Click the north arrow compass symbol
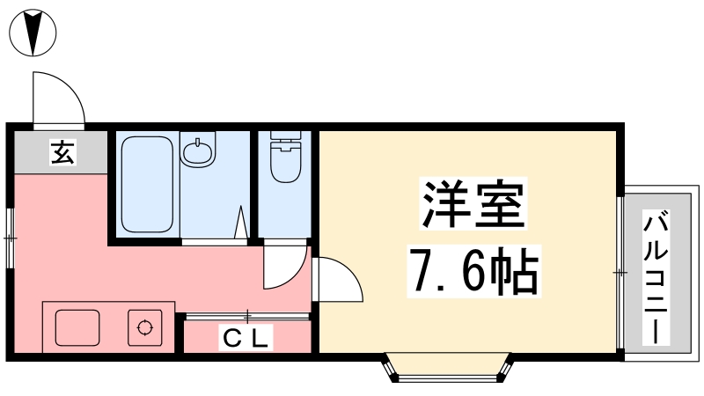pos(33,33)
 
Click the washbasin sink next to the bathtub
pos(198,151)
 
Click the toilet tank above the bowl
pos(285,139)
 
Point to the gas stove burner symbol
pos(144,328)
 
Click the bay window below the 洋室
pos(447,370)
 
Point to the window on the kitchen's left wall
pos(10,238)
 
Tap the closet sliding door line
pos(247,315)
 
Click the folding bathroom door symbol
pos(240,223)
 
